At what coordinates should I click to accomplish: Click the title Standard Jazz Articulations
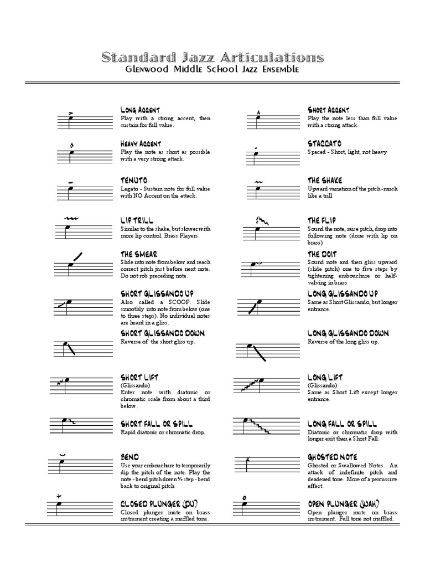(x=212, y=57)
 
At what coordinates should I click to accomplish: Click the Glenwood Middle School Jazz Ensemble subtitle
(x=212, y=70)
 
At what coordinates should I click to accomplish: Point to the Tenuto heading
(x=133, y=181)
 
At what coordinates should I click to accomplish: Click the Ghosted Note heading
(x=333, y=457)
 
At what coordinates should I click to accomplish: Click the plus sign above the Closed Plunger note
(x=58, y=496)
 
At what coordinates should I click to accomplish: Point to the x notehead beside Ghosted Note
(x=250, y=459)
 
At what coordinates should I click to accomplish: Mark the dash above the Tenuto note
(x=70, y=182)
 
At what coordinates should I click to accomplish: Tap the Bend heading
(x=129, y=457)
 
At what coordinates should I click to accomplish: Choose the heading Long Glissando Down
(x=348, y=333)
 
